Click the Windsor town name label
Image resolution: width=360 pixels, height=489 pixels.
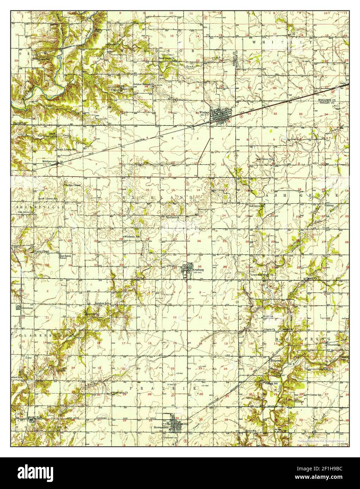204,113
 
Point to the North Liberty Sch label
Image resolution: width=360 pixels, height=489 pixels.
70,150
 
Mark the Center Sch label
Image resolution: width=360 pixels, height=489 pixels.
316,395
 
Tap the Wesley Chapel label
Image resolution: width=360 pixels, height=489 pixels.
41,251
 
